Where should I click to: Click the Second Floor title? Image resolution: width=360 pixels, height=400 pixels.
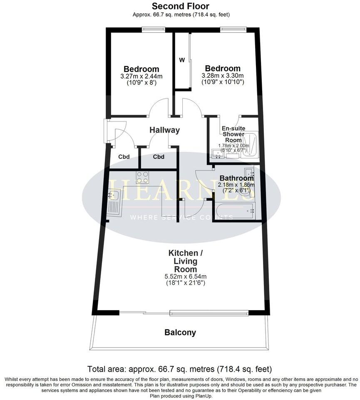(180, 6)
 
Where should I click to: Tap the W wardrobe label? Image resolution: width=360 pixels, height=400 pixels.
(182, 60)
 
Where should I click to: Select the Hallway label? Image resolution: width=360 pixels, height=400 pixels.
(165, 130)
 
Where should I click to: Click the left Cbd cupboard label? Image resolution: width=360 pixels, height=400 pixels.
(124, 157)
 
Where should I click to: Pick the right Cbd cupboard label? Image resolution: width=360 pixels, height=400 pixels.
(159, 157)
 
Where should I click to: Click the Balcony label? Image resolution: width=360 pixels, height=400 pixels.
(180, 333)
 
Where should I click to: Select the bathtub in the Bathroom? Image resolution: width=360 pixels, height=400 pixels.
(235, 211)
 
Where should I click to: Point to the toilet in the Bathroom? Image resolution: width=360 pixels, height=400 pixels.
(247, 192)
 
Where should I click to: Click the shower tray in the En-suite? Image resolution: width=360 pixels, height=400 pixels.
(250, 144)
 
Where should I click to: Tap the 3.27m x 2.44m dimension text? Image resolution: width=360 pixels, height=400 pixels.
(141, 77)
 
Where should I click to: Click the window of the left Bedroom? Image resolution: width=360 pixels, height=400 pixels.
(153, 29)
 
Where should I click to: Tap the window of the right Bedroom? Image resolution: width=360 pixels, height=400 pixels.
(233, 29)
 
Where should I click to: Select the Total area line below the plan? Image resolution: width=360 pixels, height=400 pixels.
(180, 369)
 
